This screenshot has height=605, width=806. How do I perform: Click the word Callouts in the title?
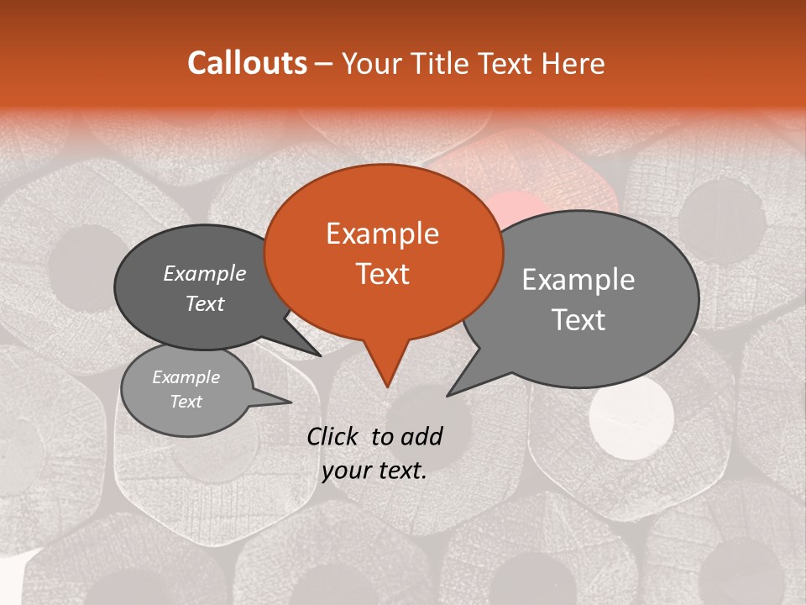point(247,63)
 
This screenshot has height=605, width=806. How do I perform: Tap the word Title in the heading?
point(444,64)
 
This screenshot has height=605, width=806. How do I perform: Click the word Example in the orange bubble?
point(382,234)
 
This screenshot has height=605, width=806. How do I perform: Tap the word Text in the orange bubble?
point(382,274)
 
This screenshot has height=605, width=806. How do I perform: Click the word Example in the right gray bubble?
point(578,280)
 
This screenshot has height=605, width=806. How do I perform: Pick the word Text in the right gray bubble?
point(578,320)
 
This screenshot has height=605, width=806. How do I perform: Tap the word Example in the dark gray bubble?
point(205,274)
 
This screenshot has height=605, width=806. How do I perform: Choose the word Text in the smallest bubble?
point(186,402)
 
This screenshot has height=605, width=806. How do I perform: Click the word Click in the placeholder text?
point(334,436)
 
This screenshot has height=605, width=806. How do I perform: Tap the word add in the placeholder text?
point(421,436)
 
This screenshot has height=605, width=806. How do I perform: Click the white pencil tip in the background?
point(631,414)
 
